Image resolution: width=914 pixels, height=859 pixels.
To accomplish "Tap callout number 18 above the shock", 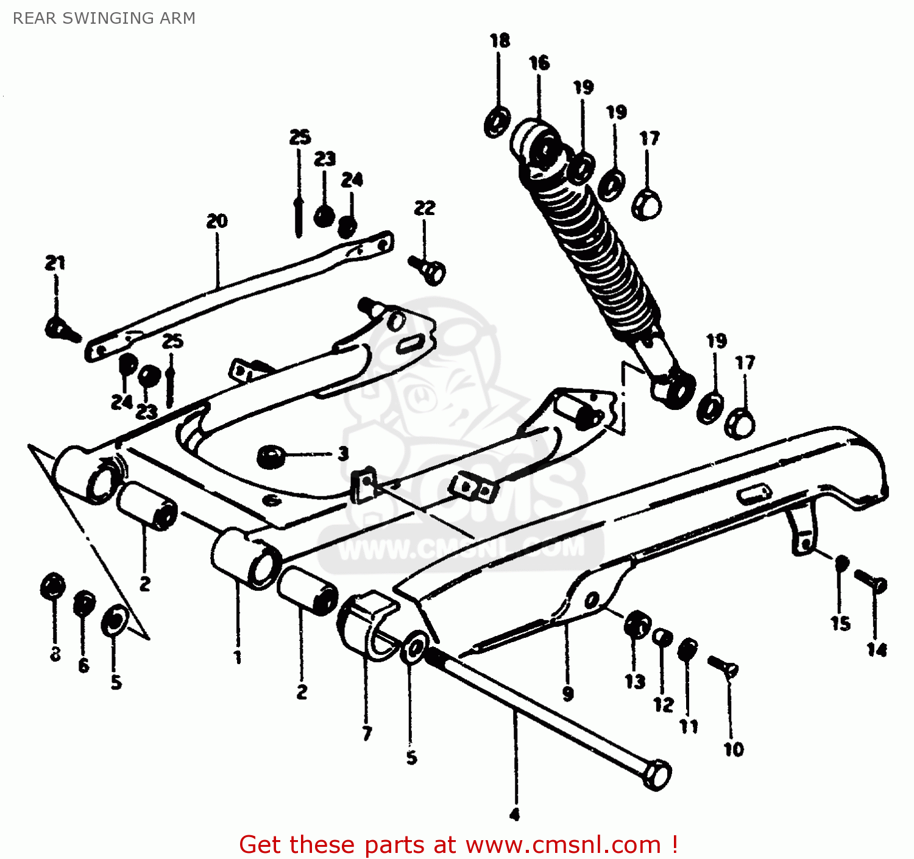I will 500,41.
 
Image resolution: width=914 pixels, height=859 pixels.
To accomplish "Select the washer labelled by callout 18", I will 497,122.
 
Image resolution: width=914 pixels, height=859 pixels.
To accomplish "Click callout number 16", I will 539,63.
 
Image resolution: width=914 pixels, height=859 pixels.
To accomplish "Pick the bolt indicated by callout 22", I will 428,269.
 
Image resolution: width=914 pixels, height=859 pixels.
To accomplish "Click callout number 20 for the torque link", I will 217,221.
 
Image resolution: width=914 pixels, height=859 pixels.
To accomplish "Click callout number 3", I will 344,453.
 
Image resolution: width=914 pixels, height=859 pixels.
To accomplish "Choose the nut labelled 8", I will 53,587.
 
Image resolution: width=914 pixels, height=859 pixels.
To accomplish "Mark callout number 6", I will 83,665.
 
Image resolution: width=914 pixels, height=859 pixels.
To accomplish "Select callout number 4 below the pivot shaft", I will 515,815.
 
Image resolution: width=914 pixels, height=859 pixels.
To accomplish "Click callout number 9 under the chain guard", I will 568,693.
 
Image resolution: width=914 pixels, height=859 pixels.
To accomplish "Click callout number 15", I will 840,623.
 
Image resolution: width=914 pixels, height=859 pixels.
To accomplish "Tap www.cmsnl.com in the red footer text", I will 563,845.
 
